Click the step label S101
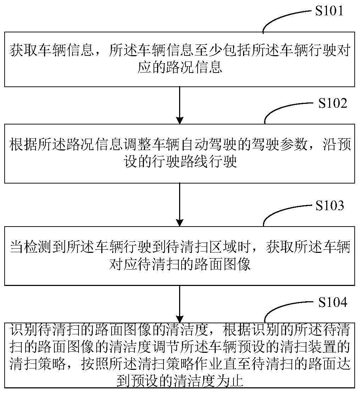[329, 11]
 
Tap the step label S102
[332, 103]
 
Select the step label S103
[329, 206]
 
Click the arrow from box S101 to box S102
[179, 105]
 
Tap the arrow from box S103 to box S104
[179, 304]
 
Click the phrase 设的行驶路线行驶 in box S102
[180, 162]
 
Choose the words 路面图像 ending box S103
[222, 264]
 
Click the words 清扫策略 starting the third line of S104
[38, 364]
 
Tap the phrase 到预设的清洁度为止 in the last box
[180, 381]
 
